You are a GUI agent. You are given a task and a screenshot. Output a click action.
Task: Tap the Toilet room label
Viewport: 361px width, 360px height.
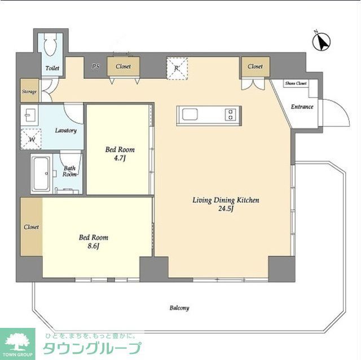52,69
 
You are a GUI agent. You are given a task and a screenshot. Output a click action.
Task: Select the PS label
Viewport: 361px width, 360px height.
96,66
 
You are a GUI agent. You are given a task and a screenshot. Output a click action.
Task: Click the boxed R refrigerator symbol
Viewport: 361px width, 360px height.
177,68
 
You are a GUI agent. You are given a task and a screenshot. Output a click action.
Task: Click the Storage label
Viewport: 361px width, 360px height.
29,91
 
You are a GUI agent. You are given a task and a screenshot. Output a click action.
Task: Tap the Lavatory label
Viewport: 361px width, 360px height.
65,131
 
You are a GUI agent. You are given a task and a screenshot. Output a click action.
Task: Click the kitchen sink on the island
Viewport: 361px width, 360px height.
190,115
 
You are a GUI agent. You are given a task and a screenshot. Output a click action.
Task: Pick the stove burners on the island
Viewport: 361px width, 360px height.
230,115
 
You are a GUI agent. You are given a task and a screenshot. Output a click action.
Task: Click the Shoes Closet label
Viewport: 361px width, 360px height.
296,83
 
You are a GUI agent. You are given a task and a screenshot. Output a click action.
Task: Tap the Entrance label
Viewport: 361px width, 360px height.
302,107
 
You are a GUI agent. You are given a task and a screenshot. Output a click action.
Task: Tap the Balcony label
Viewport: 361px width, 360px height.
179,308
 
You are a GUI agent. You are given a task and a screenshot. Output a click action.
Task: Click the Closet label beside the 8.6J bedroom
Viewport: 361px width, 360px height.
31,227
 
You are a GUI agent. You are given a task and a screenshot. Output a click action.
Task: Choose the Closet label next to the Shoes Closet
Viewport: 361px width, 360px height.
255,66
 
